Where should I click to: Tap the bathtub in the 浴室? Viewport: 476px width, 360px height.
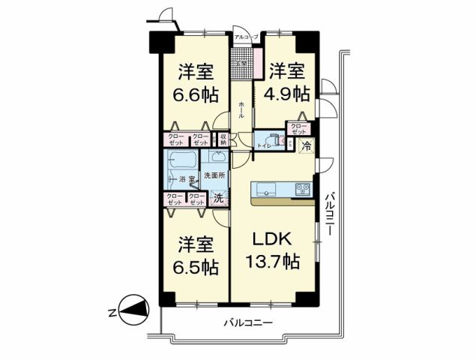pos(182,160)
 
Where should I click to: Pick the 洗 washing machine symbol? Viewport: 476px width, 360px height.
pos(218,199)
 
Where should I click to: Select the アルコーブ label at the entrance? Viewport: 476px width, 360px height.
pos(245,37)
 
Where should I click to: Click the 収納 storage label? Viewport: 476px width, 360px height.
pos(223,139)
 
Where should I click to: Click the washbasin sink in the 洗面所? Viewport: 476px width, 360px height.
pos(219,157)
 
